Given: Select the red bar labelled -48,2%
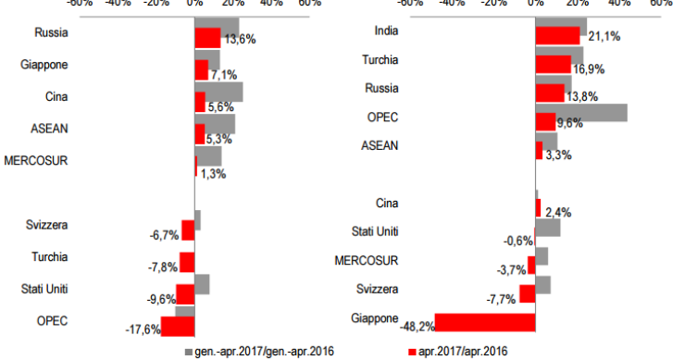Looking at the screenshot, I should click(x=485, y=322).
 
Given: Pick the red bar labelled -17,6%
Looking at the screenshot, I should click(x=178, y=327).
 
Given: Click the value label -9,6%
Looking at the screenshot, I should click(x=161, y=301).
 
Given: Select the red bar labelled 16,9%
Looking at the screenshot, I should click(x=554, y=64).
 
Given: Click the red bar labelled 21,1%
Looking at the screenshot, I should click(x=557, y=35).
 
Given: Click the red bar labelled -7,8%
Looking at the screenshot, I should click(x=187, y=262).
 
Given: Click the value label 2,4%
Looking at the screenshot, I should click(x=558, y=212).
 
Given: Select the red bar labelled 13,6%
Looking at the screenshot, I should click(x=207, y=38).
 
